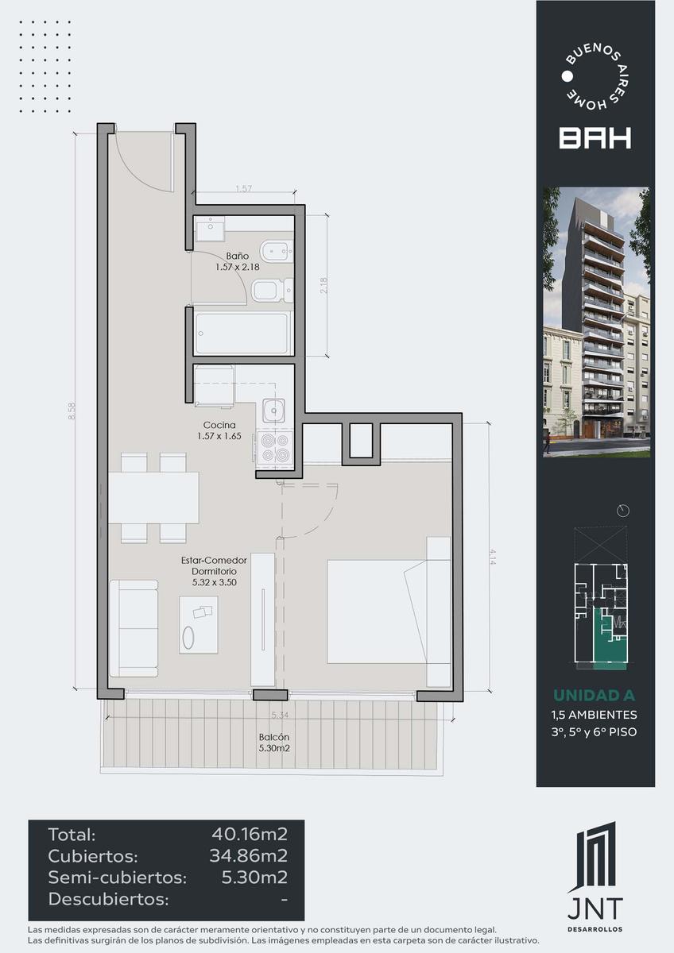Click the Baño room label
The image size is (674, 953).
coord(237,256)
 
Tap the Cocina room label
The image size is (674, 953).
coord(219,425)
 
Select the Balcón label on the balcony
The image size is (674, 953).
coord(274,737)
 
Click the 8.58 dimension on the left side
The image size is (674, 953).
coord(72,411)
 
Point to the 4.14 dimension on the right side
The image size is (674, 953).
coord(493,557)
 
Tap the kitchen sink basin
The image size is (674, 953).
coord(273,411)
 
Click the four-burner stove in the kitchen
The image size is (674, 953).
coord(275,448)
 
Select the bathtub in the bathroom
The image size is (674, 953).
coord(241,333)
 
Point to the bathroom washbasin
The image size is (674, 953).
coord(210,230)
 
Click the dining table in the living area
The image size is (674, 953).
coord(153,497)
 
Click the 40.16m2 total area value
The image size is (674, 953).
coord(250,835)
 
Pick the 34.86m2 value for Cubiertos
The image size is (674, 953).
coord(249,855)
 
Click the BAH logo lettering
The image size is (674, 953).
coord(595,138)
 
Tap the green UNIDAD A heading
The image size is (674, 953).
coord(594,696)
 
